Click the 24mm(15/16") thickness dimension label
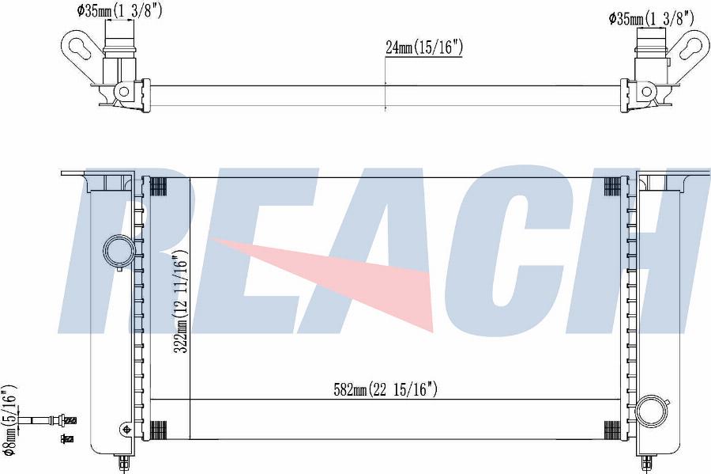pyautogui.click(x=424, y=47)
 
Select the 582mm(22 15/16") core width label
pyautogui.click(x=386, y=389)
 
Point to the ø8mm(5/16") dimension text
pyautogui.click(x=9, y=420)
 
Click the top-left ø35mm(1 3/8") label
pyautogui.click(x=120, y=10)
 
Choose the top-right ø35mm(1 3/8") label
pyautogui.click(x=651, y=18)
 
